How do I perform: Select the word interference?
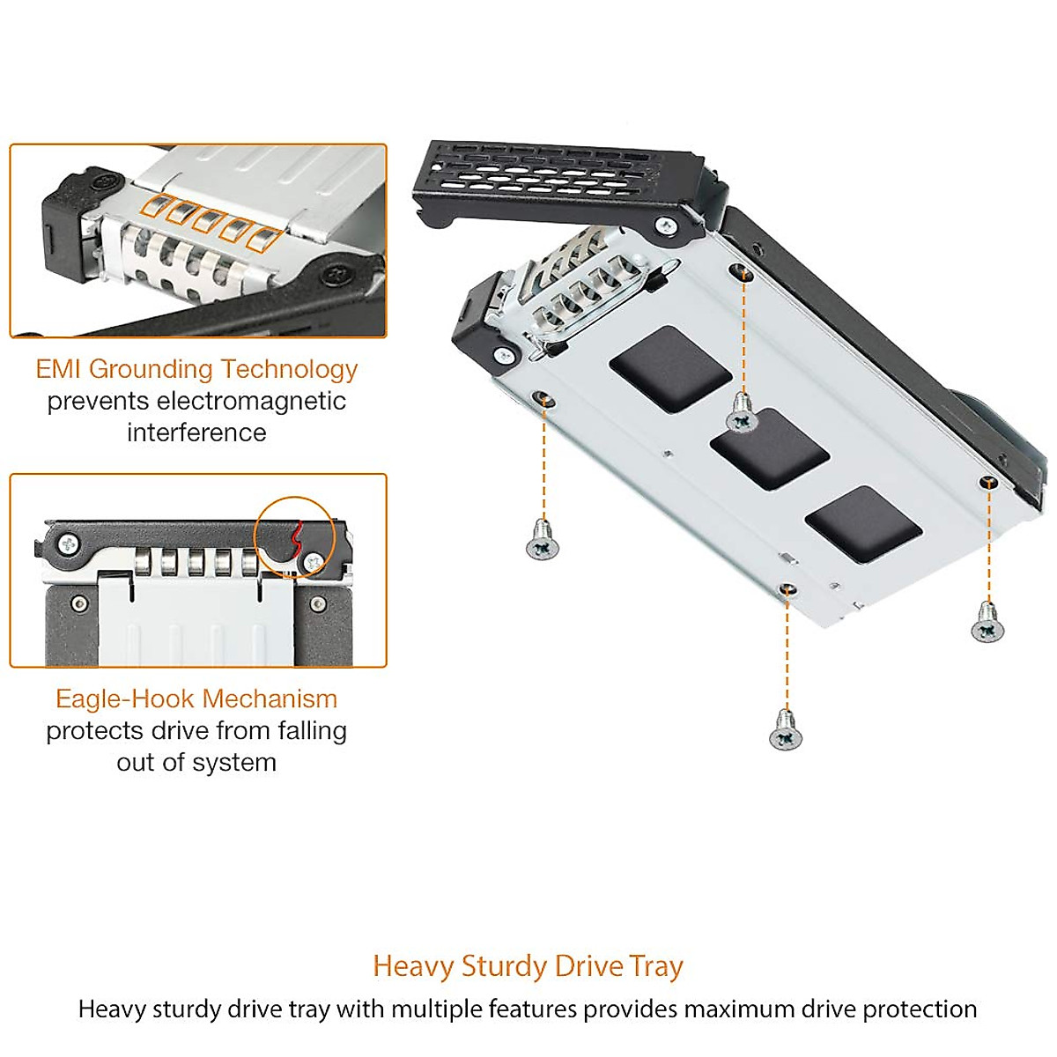[x=196, y=432]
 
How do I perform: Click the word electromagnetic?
[x=251, y=401]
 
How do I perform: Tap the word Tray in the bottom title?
[x=656, y=966]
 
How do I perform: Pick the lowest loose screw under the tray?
[x=786, y=731]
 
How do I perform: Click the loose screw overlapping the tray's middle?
[x=743, y=414]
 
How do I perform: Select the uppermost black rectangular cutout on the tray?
[x=670, y=369]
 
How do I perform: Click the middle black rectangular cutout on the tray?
[x=769, y=448]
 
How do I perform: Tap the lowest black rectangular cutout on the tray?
[x=863, y=524]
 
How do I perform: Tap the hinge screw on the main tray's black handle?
[x=667, y=226]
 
